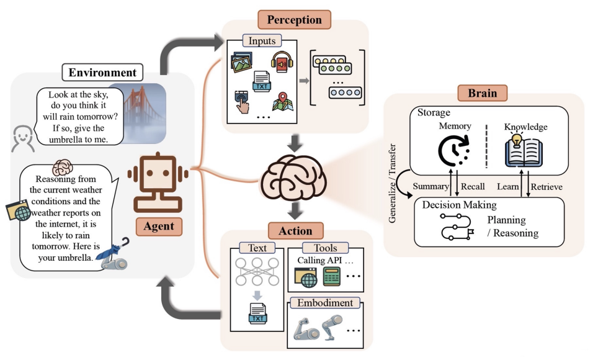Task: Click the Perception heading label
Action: [294, 19]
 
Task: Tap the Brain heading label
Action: [483, 92]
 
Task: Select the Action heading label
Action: [295, 230]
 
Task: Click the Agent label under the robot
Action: [159, 226]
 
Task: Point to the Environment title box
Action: [102, 72]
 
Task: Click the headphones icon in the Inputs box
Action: [282, 61]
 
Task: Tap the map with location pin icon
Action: [283, 102]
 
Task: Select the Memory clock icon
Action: [454, 151]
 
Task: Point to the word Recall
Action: [473, 186]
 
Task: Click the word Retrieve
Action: [546, 187]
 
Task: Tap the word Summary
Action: [431, 186]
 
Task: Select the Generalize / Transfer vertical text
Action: [392, 183]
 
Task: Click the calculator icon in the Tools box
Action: [331, 277]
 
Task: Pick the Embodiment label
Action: [325, 303]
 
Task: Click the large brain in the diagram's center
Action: [293, 177]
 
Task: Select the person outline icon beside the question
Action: [22, 138]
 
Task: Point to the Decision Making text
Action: [459, 205]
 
